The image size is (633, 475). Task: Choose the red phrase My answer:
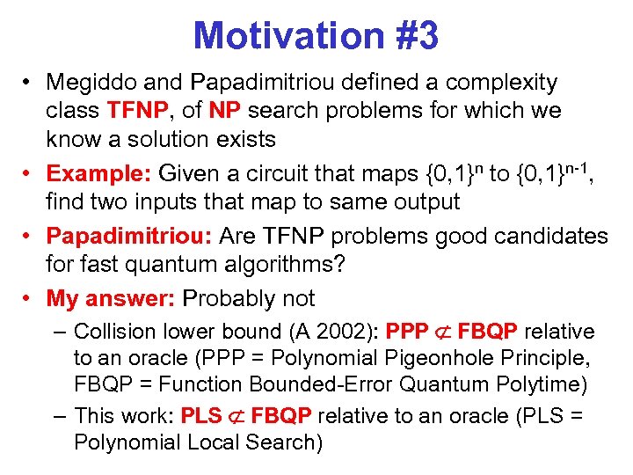[x=110, y=299]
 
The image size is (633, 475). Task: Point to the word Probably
[x=227, y=299]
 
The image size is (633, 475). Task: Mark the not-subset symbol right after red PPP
[x=439, y=332]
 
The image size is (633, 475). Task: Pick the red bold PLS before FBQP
[x=200, y=415]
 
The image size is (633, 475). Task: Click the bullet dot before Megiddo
[x=29, y=84]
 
